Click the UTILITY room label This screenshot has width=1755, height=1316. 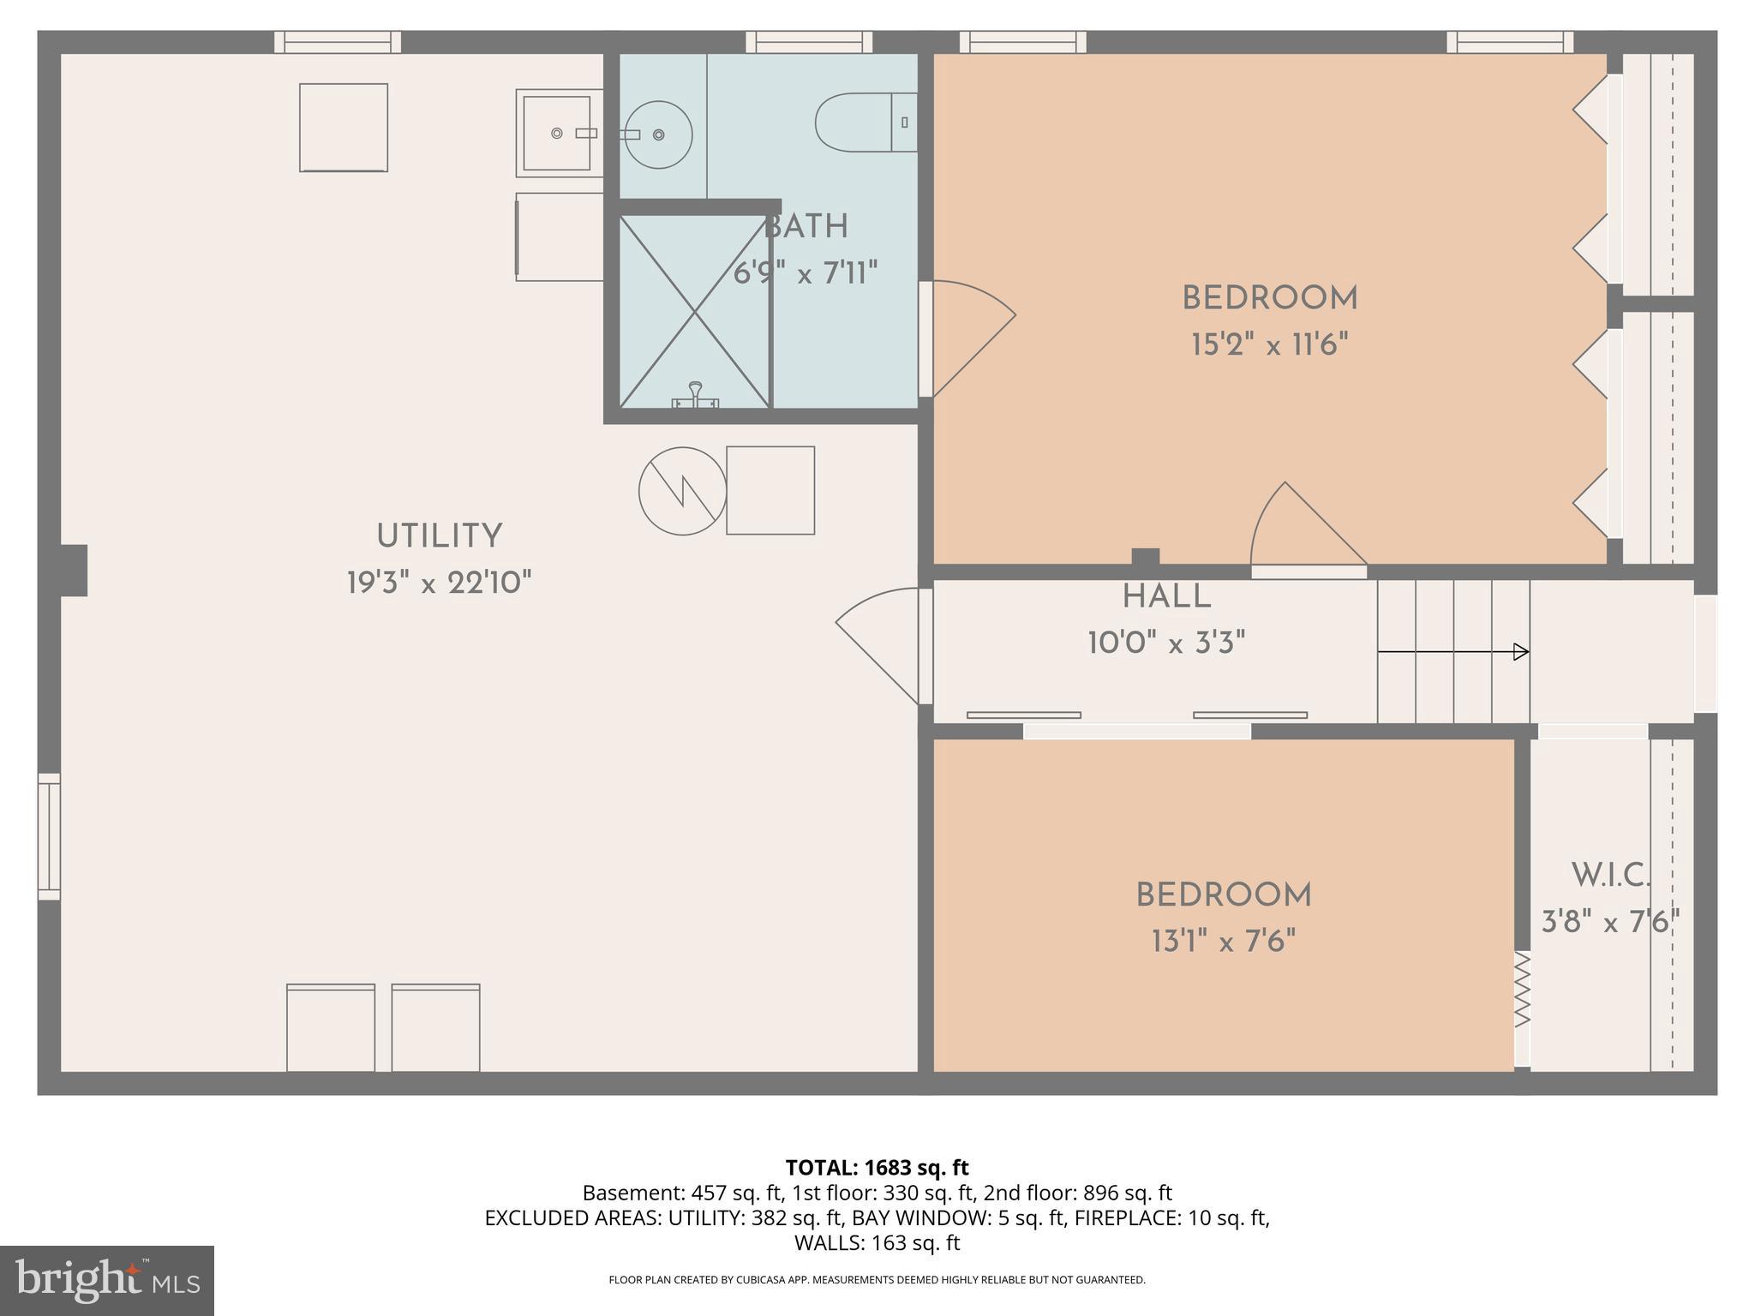[439, 536]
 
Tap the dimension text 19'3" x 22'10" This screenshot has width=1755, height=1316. [439, 583]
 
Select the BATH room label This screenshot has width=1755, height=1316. [806, 227]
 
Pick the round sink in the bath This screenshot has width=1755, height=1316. [658, 135]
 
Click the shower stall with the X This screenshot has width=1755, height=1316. [694, 311]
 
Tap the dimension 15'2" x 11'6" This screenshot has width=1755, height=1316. [1269, 345]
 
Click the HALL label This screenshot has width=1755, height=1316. [1166, 597]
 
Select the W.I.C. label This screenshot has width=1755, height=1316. [1610, 876]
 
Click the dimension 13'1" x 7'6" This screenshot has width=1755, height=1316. [1223, 942]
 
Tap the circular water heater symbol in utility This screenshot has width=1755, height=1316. [682, 491]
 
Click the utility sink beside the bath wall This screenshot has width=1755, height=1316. [559, 133]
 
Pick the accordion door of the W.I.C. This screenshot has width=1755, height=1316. [1522, 990]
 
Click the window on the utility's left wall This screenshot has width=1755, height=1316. [49, 836]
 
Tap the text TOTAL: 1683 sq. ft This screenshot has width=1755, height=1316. [877, 1167]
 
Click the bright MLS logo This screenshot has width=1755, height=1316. [107, 1280]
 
